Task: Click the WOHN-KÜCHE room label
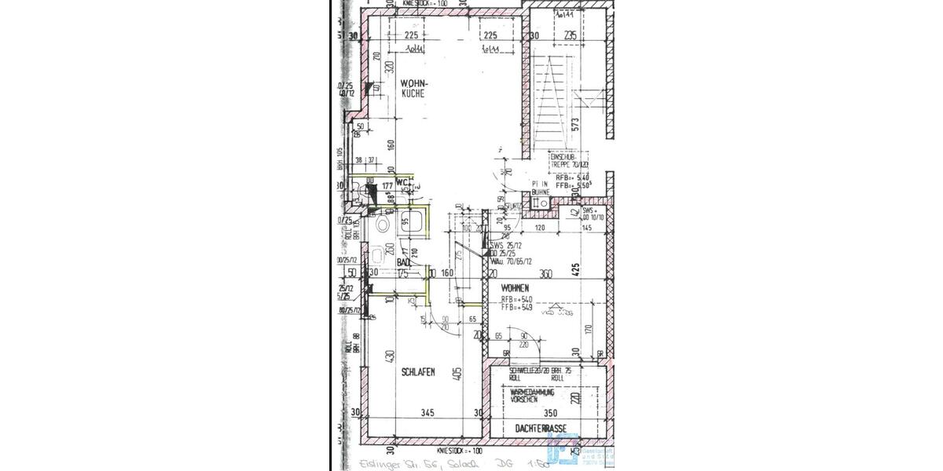pyautogui.click(x=413, y=87)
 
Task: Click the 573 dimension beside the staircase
pyautogui.click(x=575, y=123)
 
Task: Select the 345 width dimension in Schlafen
pyautogui.click(x=427, y=412)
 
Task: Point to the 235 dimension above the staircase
pyautogui.click(x=571, y=35)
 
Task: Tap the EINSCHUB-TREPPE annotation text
pyautogui.click(x=569, y=160)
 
